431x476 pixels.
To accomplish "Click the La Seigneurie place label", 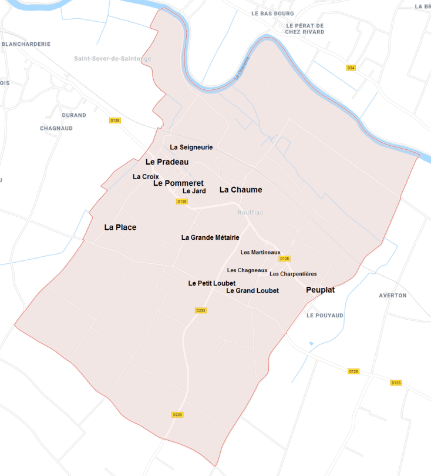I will point(191,147).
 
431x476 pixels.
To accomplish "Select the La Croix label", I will point(146,176).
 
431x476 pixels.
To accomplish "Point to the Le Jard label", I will point(194,191).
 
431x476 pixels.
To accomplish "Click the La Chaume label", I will point(241,190).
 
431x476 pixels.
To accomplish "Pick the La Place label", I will point(120,227).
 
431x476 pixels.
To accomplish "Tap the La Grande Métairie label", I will point(210,237).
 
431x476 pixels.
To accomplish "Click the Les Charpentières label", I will point(293,274).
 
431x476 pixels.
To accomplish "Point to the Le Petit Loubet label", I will point(212,283).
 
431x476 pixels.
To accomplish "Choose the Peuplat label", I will point(320,290).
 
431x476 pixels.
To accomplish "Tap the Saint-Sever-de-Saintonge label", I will point(113,59).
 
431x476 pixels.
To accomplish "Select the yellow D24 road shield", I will point(351,68).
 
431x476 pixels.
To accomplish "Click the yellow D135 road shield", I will point(396,383).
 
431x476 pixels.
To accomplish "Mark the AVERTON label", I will point(393,295).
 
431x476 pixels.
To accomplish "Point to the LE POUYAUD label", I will point(325,315).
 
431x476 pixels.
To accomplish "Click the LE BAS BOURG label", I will point(272,13).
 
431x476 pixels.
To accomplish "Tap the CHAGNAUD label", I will point(56,128).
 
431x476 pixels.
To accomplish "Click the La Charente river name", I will point(243,68).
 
